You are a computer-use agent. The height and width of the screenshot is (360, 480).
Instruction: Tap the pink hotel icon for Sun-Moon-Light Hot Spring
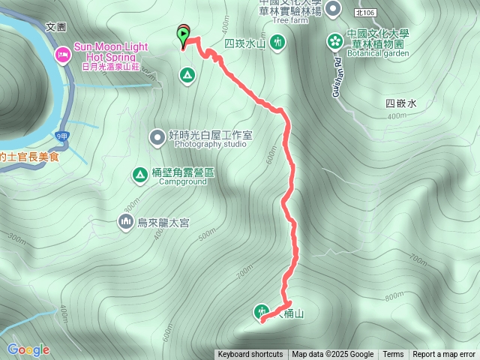62,54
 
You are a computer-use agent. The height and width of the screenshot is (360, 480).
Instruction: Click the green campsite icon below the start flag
186,74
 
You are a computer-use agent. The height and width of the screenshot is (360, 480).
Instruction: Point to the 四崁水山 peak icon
277,43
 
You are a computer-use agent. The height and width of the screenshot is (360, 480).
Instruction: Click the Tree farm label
290,20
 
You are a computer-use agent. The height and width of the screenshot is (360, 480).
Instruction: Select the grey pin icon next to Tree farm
334,8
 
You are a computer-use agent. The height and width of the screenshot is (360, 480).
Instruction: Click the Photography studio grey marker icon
157,136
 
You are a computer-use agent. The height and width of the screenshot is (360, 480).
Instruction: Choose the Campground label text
184,181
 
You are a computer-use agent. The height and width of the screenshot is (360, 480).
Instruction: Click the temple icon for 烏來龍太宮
124,221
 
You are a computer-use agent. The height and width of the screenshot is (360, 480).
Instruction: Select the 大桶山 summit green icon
261,311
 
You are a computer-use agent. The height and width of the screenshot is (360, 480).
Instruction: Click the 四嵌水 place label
400,104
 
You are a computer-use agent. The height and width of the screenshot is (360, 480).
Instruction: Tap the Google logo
28,349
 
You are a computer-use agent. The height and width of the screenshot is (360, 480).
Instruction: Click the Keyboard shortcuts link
250,355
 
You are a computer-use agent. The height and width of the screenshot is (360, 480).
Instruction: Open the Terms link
393,355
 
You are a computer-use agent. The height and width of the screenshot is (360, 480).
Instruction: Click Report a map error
444,355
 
